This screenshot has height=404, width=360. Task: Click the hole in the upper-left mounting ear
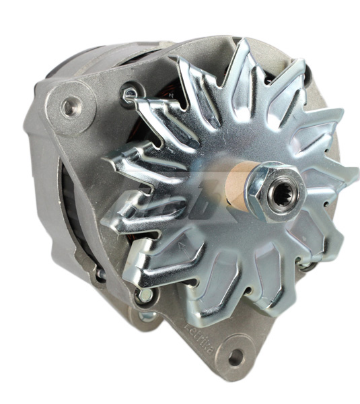[x=69, y=105]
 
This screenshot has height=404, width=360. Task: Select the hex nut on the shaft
[x=276, y=193]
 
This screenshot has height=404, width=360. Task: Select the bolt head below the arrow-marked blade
[x=143, y=294]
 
